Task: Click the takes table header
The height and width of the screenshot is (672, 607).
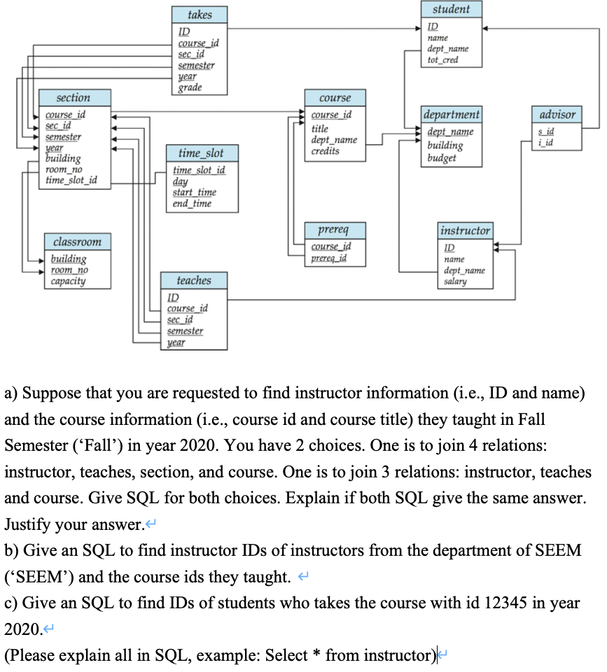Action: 200,15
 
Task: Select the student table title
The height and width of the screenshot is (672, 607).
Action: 451,9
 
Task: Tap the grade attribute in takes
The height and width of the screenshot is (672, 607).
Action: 190,87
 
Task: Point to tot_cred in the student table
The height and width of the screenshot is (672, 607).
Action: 442,60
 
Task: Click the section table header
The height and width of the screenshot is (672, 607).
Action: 73,98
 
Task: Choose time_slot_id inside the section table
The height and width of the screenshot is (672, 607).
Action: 71,181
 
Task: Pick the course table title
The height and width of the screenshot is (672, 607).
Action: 335,98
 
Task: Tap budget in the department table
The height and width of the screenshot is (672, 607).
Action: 441,158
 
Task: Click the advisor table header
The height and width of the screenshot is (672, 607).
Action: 558,114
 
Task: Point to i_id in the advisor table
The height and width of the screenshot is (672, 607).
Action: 547,143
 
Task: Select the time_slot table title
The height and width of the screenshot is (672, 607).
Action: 201,153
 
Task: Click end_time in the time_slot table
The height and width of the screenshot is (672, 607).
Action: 192,204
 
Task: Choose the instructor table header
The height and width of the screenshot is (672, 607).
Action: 465,230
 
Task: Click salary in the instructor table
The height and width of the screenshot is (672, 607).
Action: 455,281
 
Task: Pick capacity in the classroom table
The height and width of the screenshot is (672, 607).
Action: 68,281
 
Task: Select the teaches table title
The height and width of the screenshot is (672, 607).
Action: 194,280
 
